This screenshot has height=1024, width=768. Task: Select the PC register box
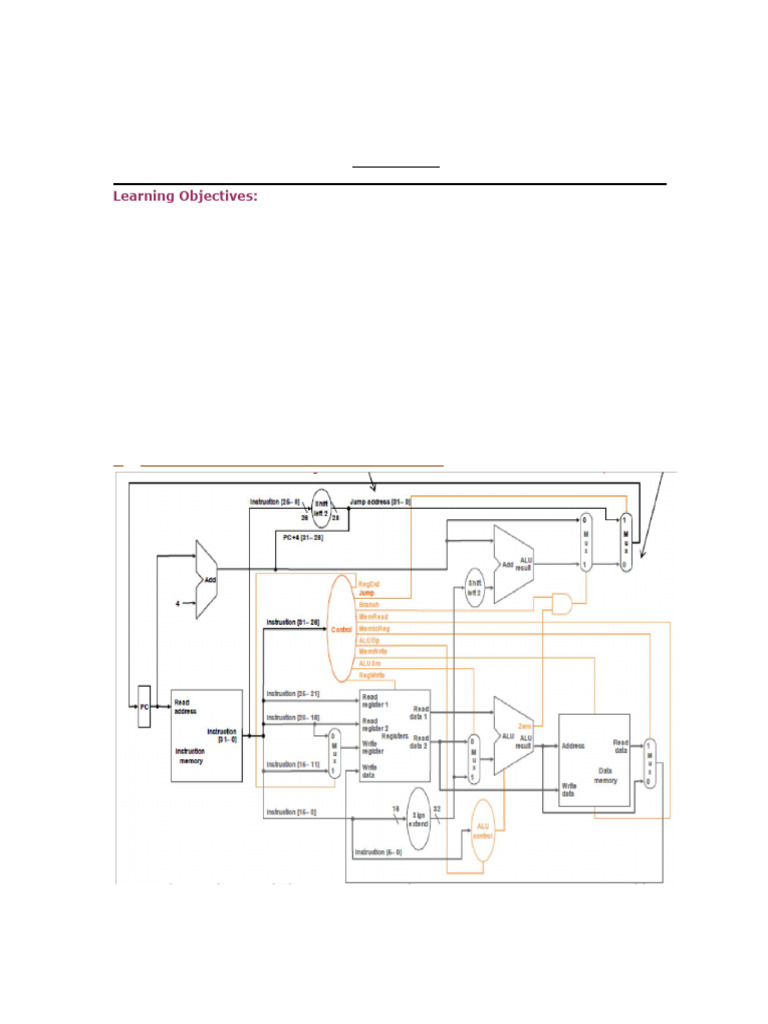144,706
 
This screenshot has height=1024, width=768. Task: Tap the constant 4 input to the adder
178,603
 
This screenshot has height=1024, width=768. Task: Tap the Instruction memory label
190,756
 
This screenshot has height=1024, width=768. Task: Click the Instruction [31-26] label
293,622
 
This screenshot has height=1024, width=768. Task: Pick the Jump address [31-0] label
380,501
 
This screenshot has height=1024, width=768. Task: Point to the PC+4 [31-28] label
301,536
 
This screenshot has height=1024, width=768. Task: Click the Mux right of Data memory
650,763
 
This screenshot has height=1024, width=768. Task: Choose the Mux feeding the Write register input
334,752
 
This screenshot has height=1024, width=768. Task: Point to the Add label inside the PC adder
209,578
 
